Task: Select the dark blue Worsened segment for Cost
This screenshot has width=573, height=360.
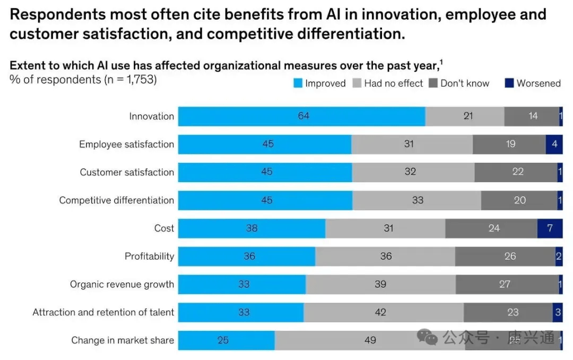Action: pyautogui.click(x=550, y=228)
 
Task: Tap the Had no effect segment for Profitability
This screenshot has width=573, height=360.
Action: pyautogui.click(x=385, y=256)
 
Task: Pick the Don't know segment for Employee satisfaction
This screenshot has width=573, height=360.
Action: pyautogui.click(x=509, y=144)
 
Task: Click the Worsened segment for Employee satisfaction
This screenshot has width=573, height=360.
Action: pyautogui.click(x=554, y=144)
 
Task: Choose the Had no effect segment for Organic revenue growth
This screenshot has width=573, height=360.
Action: pyautogui.click(x=380, y=285)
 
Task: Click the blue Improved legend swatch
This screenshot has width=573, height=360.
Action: pyautogui.click(x=297, y=83)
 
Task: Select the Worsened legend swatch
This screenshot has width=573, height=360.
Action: pyautogui.click(x=509, y=83)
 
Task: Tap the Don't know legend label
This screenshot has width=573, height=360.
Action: pyautogui.click(x=465, y=83)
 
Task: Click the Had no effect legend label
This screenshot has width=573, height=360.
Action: pyautogui.click(x=393, y=83)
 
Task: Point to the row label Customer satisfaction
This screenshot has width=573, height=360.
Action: pyautogui.click(x=127, y=173)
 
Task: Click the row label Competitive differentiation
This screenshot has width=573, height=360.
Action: pyautogui.click(x=116, y=201)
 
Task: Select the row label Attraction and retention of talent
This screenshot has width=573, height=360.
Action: pyautogui.click(x=103, y=313)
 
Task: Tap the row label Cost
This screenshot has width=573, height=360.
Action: pyautogui.click(x=164, y=228)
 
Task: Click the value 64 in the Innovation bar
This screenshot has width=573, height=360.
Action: pyautogui.click(x=303, y=116)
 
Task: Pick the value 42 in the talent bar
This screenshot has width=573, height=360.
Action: pyautogui.click(x=380, y=313)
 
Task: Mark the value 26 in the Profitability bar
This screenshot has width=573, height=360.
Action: pyautogui.click(x=510, y=256)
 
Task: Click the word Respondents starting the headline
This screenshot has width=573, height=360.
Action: pyautogui.click(x=50, y=14)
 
